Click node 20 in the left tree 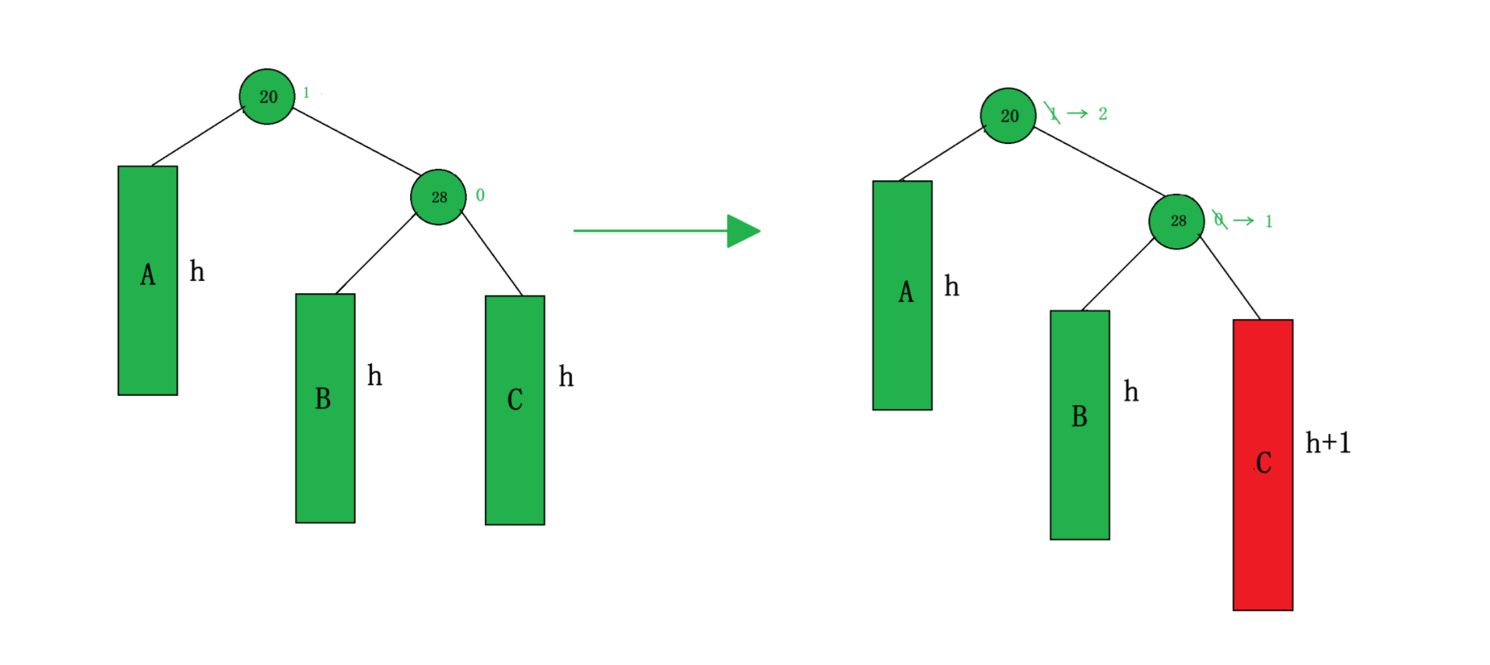pyautogui.click(x=267, y=96)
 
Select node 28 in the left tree pyautogui.click(x=438, y=197)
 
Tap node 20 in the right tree pyautogui.click(x=1008, y=116)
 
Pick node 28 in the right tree pyautogui.click(x=1176, y=222)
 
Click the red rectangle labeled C pyautogui.click(x=1263, y=464)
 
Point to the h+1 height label pyautogui.click(x=1327, y=443)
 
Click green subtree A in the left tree pyautogui.click(x=148, y=280)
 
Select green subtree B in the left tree pyautogui.click(x=325, y=408)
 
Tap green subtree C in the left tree pyautogui.click(x=515, y=410)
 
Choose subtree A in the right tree pyautogui.click(x=903, y=295)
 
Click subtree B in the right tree pyautogui.click(x=1080, y=425)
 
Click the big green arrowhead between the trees pyautogui.click(x=742, y=231)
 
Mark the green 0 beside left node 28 pyautogui.click(x=480, y=195)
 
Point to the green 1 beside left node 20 pyautogui.click(x=307, y=93)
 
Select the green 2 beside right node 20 pyautogui.click(x=1103, y=114)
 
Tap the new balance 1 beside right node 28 pyautogui.click(x=1268, y=222)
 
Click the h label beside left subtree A pyautogui.click(x=197, y=271)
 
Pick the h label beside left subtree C pyautogui.click(x=566, y=376)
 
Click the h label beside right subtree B pyautogui.click(x=1131, y=391)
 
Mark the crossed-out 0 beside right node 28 pyautogui.click(x=1219, y=220)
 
